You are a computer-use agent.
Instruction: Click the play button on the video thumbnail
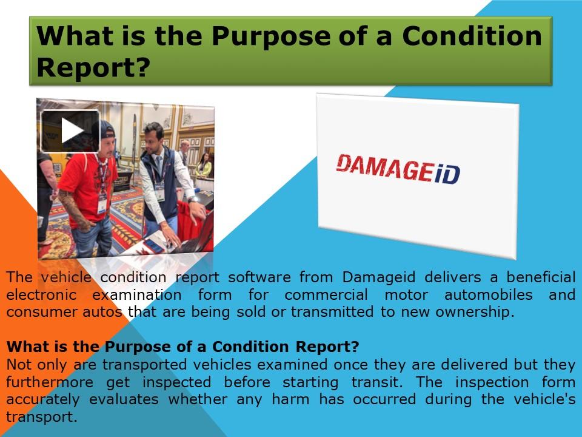[70, 131]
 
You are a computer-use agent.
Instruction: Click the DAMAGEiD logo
[398, 168]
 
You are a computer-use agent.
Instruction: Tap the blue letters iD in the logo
[446, 173]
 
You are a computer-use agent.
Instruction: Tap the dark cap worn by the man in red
[107, 129]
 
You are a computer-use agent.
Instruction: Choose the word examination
[136, 295]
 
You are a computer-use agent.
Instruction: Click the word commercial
[326, 295]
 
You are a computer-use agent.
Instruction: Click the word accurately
[42, 400]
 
